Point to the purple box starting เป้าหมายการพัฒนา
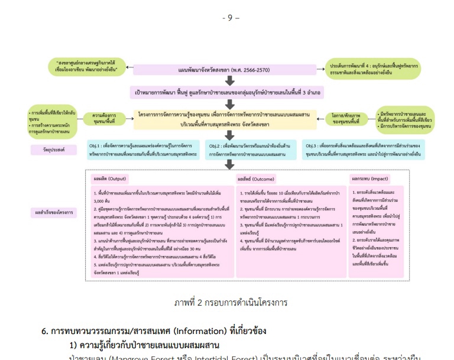(x=227, y=93)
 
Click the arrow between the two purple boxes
(x=227, y=81)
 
